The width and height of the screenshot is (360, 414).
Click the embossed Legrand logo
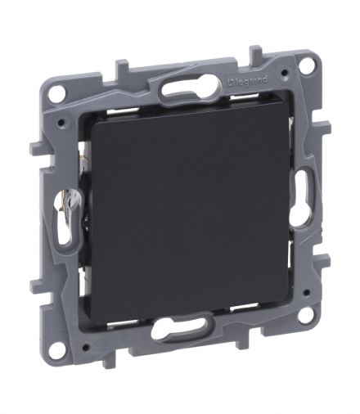tap(247, 82)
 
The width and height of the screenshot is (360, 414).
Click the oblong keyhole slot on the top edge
tap(191, 87)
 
